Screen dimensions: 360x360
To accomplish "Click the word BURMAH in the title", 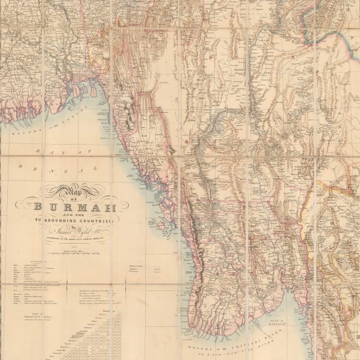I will coord(73,208).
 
